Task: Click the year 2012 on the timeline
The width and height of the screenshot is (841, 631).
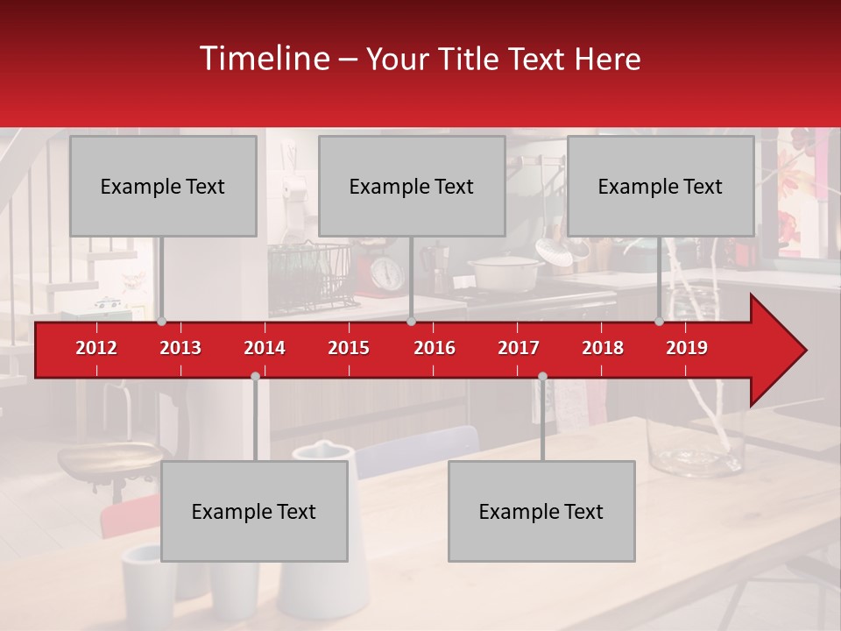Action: pyautogui.click(x=96, y=348)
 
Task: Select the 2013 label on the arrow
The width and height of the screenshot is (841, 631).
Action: pyautogui.click(x=180, y=348)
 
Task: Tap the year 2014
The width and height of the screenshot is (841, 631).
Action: pyautogui.click(x=265, y=348)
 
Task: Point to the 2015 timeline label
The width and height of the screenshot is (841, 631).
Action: pyautogui.click(x=349, y=348)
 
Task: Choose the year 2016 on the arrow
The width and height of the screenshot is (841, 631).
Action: pyautogui.click(x=435, y=348)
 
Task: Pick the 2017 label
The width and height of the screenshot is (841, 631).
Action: pyautogui.click(x=519, y=348)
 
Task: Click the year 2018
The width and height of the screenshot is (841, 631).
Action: pyautogui.click(x=603, y=348)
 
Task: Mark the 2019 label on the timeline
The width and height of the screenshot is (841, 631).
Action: pyautogui.click(x=687, y=348)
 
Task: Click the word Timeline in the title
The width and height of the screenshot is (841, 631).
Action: pyautogui.click(x=263, y=59)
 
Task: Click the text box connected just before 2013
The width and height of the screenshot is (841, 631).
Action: pyautogui.click(x=163, y=186)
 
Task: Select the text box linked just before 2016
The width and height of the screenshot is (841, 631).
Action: pyautogui.click(x=412, y=186)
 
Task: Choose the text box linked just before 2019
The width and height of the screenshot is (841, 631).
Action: pyautogui.click(x=661, y=186)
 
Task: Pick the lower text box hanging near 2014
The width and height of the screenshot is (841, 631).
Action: pyautogui.click(x=254, y=511)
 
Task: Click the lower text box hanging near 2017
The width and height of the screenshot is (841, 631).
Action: pyautogui.click(x=541, y=511)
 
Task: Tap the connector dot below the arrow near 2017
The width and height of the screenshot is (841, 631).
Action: pyautogui.click(x=542, y=376)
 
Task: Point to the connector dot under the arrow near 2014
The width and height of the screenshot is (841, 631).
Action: pyautogui.click(x=255, y=376)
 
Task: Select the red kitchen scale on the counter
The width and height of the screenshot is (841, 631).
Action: pyautogui.click(x=386, y=267)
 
